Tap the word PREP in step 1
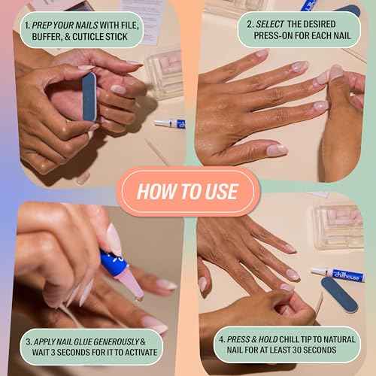point(44,23)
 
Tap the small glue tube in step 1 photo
point(169,123)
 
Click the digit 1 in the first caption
point(26,23)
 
